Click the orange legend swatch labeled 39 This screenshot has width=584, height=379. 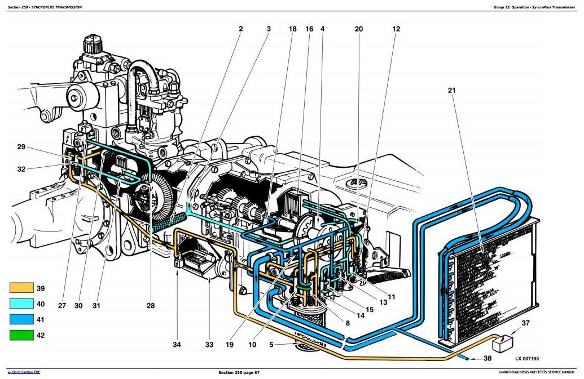[x=22, y=288]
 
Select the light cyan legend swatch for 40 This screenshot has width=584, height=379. [x=22, y=304]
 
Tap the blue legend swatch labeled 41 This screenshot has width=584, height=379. [x=22, y=319]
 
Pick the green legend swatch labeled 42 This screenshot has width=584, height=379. [x=22, y=335]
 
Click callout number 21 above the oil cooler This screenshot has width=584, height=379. [x=452, y=90]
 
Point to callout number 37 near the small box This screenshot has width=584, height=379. [x=525, y=323]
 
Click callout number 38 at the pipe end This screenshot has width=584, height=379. [x=488, y=358]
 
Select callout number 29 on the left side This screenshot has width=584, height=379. [x=21, y=147]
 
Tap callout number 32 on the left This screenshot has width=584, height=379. [x=21, y=168]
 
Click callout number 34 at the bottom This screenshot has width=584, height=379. [x=177, y=344]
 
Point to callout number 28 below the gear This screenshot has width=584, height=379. [x=150, y=306]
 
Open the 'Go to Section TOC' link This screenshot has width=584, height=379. [x=24, y=372]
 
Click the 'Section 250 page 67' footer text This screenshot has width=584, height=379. [x=239, y=372]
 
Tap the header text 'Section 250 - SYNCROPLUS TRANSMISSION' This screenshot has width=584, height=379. [x=45, y=7]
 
